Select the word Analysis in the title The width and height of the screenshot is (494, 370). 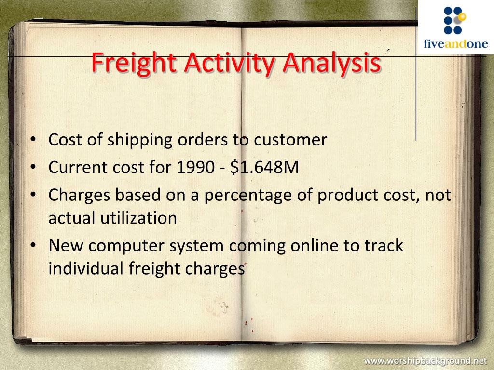[x=331, y=63]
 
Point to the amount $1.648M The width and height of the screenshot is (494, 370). [x=265, y=168]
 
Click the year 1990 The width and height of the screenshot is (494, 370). [x=194, y=168]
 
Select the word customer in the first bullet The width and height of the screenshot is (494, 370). [x=290, y=140]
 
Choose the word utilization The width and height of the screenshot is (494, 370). [x=138, y=218]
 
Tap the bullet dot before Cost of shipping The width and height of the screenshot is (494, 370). [x=33, y=141]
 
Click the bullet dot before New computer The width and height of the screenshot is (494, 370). [x=33, y=246]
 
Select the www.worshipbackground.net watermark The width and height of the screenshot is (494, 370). [x=425, y=360]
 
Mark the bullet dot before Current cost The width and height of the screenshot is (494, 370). [x=33, y=168]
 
